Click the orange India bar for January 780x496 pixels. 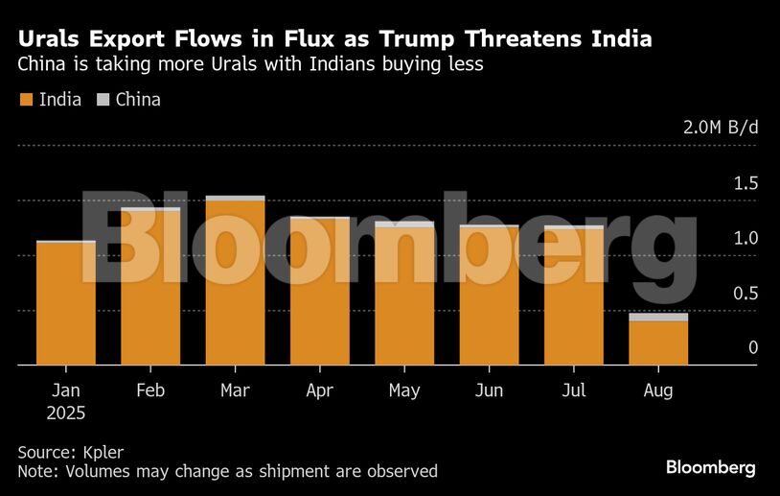(x=65, y=304)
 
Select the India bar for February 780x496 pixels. (x=150, y=288)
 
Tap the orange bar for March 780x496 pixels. (x=235, y=283)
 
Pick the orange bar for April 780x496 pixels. (x=319, y=293)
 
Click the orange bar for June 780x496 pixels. (x=489, y=296)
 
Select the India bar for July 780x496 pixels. (x=573, y=296)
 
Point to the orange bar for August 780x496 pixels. (x=658, y=343)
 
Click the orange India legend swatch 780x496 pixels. (x=26, y=100)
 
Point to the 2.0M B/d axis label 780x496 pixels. (x=720, y=128)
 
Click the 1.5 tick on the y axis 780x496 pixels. (x=746, y=183)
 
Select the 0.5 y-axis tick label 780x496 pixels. (x=746, y=294)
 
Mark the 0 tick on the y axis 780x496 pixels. (x=753, y=348)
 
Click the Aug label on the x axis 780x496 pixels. (x=658, y=391)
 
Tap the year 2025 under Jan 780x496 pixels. (x=65, y=413)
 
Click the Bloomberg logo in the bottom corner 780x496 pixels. (x=710, y=467)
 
